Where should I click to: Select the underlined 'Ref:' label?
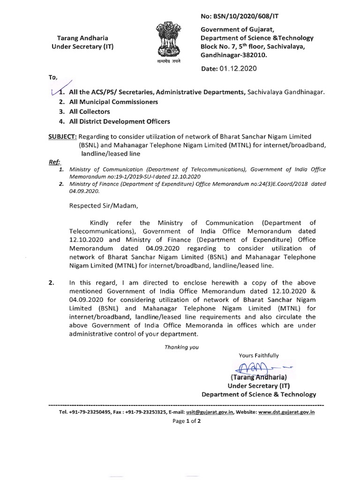[x=55, y=161]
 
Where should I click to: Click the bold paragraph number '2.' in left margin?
[x=52, y=283]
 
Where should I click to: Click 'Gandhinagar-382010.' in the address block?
[x=233, y=55]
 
